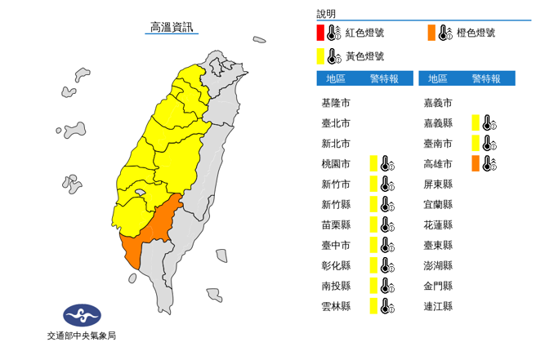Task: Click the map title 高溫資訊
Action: click(x=172, y=28)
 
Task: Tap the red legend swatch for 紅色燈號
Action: click(x=322, y=33)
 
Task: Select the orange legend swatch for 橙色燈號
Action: click(x=431, y=33)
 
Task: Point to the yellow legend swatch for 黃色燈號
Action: click(x=322, y=56)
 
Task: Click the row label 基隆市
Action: click(x=336, y=104)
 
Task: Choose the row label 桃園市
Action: click(x=336, y=164)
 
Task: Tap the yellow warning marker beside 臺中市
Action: click(x=373, y=245)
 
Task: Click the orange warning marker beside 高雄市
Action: click(x=476, y=164)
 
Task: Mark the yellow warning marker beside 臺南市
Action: click(x=476, y=144)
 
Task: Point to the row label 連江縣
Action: click(x=438, y=306)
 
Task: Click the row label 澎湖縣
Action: click(x=438, y=265)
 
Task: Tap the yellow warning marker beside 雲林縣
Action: click(x=373, y=306)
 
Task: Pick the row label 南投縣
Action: click(x=336, y=286)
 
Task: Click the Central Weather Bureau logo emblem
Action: click(x=82, y=314)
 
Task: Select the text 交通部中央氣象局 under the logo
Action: click(x=82, y=336)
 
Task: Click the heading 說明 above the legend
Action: click(x=326, y=14)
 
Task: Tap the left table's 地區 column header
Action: click(x=336, y=78)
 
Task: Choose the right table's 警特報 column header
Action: click(x=486, y=78)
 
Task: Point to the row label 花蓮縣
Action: click(x=438, y=224)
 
